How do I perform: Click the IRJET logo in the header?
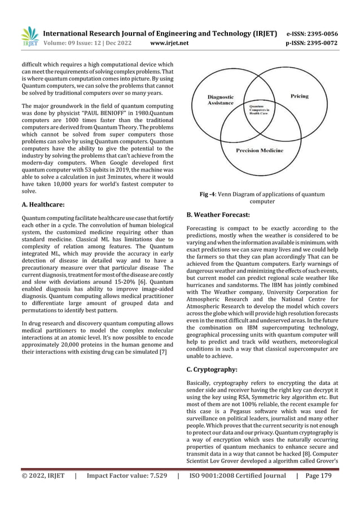click(30, 36)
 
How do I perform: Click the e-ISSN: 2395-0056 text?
click(317, 33)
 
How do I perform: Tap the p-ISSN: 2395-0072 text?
click(317, 42)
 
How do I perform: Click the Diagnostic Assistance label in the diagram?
click(225, 100)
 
